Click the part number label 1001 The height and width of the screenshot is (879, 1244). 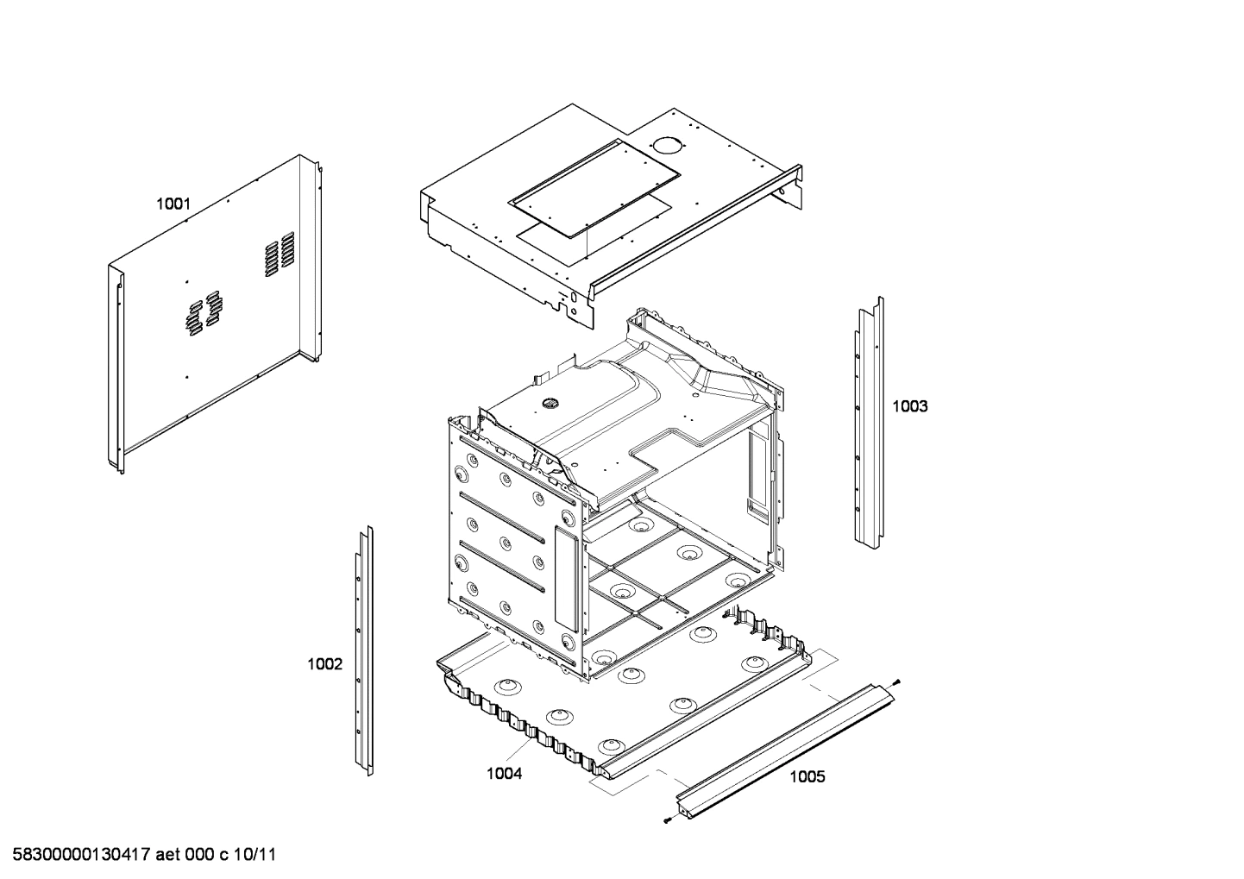pyautogui.click(x=173, y=204)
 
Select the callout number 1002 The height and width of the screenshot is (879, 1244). pyautogui.click(x=324, y=664)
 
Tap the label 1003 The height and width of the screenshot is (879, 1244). pyautogui.click(x=909, y=406)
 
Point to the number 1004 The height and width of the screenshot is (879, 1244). pyautogui.click(x=504, y=774)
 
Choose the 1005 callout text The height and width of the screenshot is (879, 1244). pyautogui.click(x=807, y=777)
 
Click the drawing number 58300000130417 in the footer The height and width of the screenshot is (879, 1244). pyautogui.click(x=77, y=855)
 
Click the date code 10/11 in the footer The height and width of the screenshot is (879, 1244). pyautogui.click(x=257, y=855)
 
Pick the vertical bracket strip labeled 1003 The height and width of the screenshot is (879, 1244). pyautogui.click(x=869, y=423)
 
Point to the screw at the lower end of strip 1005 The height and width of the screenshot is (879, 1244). pyautogui.click(x=669, y=820)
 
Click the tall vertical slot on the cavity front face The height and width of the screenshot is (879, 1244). pyautogui.click(x=565, y=578)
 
